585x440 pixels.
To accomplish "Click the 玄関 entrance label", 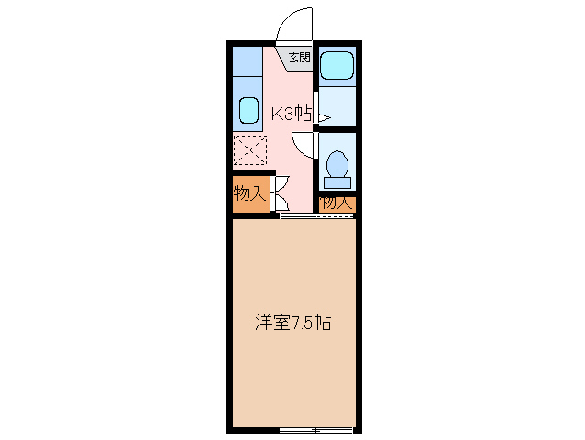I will tap(300, 58).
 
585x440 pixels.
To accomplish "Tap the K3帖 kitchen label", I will tap(292, 115).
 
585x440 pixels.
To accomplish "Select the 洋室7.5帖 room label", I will tap(292, 323).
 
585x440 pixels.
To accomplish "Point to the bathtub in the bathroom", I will tap(337, 65).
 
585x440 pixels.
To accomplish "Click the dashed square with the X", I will tap(248, 148).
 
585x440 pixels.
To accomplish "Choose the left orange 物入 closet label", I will tap(248, 193).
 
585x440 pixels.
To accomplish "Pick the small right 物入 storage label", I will tap(336, 203).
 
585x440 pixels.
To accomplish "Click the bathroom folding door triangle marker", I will tap(322, 116).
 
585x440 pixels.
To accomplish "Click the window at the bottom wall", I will tap(315, 428).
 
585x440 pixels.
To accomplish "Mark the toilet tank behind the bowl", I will tap(337, 181).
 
